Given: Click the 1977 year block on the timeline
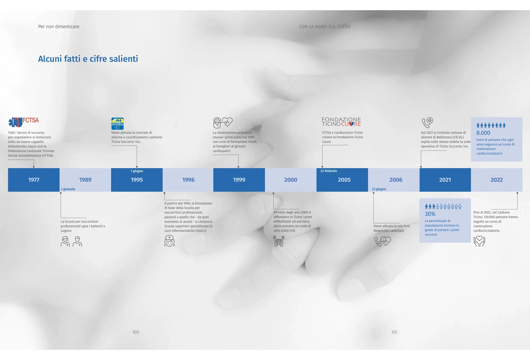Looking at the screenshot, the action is pyautogui.click(x=34, y=180).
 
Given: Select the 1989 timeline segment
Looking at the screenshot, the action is pyautogui.click(x=85, y=180).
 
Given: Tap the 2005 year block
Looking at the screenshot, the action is pyautogui.click(x=342, y=180).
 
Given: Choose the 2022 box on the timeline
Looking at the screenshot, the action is pyautogui.click(x=497, y=180).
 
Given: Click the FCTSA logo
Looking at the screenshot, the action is pyautogui.click(x=24, y=122).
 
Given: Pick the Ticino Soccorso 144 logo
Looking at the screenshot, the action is pyautogui.click(x=117, y=123).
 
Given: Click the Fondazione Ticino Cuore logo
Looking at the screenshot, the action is pyautogui.click(x=341, y=122).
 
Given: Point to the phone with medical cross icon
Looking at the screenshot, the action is pyautogui.click(x=427, y=123).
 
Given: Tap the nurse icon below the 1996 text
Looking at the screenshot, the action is pyautogui.click(x=169, y=241).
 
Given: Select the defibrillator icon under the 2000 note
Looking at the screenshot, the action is pyautogui.click(x=279, y=241).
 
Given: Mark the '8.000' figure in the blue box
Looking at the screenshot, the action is pyautogui.click(x=483, y=133).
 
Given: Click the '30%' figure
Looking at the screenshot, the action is pyautogui.click(x=430, y=214).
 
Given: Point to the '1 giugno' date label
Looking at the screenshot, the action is pyautogui.click(x=137, y=171).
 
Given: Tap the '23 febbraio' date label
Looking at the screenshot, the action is pyautogui.click(x=329, y=171).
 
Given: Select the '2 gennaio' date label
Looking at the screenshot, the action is pyautogui.click(x=68, y=189).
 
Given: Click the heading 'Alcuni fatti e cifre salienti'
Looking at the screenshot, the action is pyautogui.click(x=88, y=59).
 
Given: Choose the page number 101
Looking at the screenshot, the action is pyautogui.click(x=394, y=332).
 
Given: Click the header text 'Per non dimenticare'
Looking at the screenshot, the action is pyautogui.click(x=59, y=26).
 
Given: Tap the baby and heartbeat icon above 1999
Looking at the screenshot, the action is pyautogui.click(x=223, y=123).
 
